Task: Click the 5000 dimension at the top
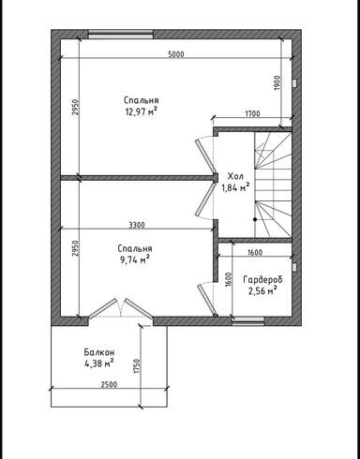tap(176, 53)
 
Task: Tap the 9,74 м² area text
tap(135, 260)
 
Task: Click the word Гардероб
tap(262, 280)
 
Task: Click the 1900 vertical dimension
tap(277, 82)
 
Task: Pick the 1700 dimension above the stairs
tap(252, 114)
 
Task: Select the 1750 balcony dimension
tap(137, 364)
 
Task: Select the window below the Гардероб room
tap(247, 320)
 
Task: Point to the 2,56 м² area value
tap(262, 291)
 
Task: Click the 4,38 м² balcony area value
tap(97, 363)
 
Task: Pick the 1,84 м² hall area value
tap(234, 187)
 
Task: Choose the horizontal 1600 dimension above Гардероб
tap(254, 252)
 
